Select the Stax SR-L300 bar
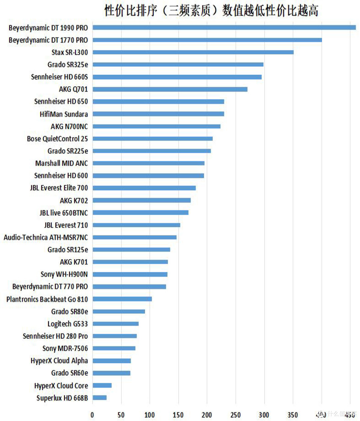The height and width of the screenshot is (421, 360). point(193,52)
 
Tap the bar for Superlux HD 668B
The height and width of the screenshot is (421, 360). point(100,398)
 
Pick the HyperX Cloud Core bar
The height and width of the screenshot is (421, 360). point(102,385)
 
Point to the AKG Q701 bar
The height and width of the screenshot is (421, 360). point(170,89)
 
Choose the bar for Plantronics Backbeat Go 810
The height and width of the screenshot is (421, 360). point(122,299)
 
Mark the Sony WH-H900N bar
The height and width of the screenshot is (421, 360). point(130,274)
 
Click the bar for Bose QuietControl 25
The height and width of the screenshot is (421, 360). point(153,139)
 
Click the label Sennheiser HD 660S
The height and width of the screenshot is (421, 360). point(59,77)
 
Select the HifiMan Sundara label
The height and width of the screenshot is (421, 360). point(64,114)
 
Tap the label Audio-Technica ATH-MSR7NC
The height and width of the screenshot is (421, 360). point(46,237)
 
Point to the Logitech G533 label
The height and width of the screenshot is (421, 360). point(68,324)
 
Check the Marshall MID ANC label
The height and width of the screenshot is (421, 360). point(62,163)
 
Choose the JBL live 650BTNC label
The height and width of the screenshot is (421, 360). point(64,213)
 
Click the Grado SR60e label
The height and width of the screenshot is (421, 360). point(70,373)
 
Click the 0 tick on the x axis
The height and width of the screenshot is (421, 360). point(92,415)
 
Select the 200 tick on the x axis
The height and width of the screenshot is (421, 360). point(207,415)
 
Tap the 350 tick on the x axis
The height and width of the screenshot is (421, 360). point(293,415)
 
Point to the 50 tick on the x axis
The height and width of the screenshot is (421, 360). point(121,415)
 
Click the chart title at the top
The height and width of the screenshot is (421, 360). point(211,10)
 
